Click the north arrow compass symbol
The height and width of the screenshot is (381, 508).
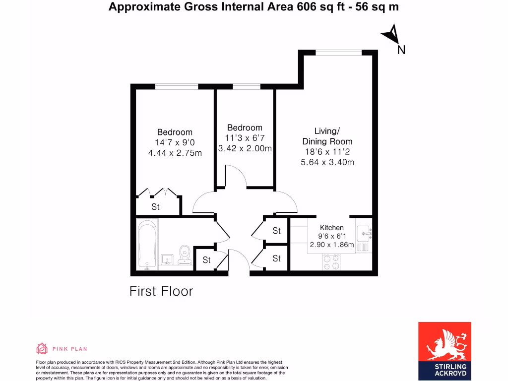tap(390, 35)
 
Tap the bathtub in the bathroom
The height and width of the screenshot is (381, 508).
tap(147, 245)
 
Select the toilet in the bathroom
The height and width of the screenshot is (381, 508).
tap(185, 254)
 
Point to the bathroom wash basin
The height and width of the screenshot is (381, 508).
tap(167, 259)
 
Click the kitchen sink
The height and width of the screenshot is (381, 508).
tap(365, 232)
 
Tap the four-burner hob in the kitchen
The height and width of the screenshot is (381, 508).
tap(331, 262)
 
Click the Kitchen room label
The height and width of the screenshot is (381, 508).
tap(331, 228)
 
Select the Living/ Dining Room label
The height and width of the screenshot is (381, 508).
tap(327, 136)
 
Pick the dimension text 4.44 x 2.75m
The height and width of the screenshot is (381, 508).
tap(175, 153)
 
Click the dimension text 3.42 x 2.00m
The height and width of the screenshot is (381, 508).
tap(245, 148)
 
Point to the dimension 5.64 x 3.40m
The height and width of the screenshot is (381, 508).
tap(327, 162)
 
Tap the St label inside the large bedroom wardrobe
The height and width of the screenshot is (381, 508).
tap(155, 207)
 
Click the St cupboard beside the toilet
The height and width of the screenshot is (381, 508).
tap(206, 260)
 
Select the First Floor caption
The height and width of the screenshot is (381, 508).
tap(161, 291)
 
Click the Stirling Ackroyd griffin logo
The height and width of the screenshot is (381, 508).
tap(444, 342)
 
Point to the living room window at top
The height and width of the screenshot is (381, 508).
tap(339, 52)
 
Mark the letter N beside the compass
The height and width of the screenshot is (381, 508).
tap(401, 50)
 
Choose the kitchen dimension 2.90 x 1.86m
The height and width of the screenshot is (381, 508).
tap(331, 245)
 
